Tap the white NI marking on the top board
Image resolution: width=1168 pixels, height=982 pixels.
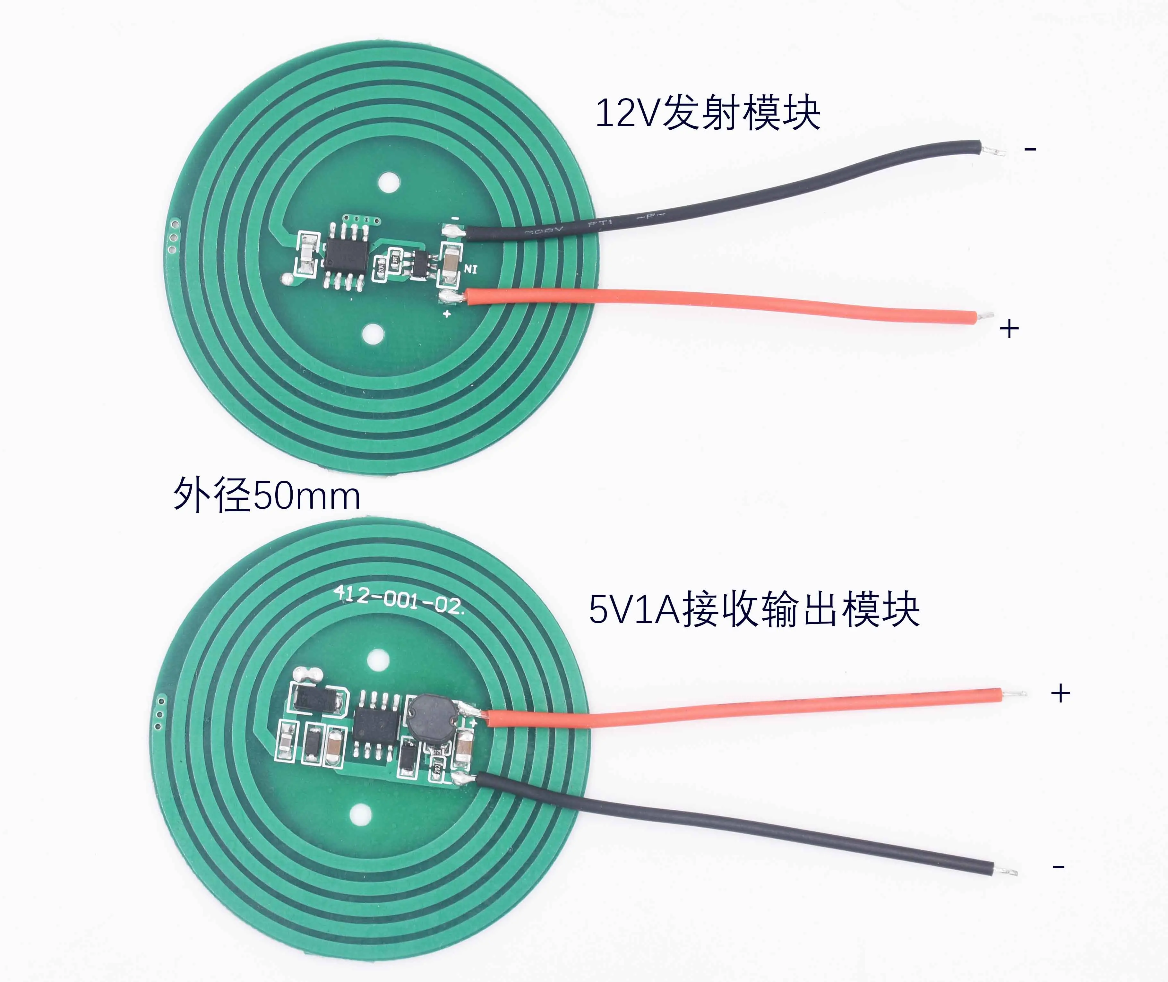click(470, 270)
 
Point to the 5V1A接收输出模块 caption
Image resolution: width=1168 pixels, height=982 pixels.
click(754, 609)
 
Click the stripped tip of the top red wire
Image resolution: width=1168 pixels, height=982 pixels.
click(986, 315)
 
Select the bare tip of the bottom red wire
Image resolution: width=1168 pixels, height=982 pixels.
click(1015, 693)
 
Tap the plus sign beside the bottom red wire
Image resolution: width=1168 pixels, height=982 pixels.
click(1061, 693)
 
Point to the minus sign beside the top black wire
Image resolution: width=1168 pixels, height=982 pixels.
click(1030, 149)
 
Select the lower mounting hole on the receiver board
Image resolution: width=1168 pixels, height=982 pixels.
click(361, 815)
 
